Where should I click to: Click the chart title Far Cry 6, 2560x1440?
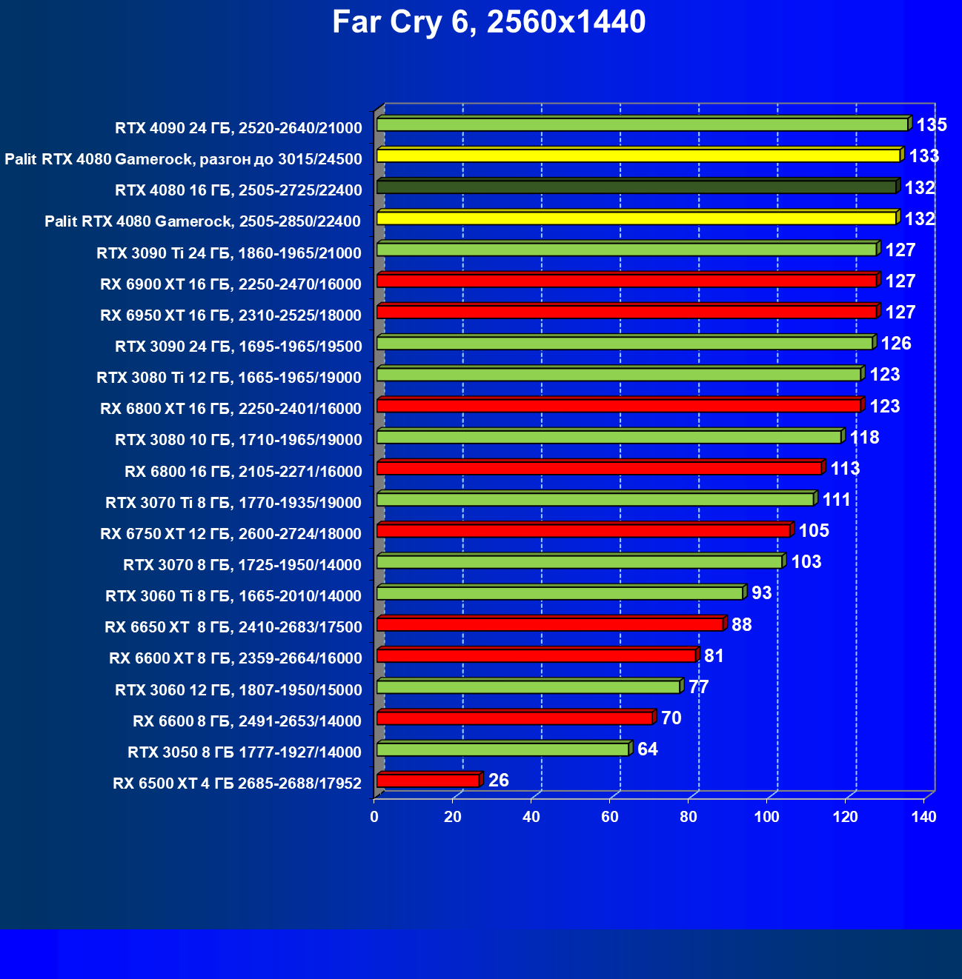(488, 23)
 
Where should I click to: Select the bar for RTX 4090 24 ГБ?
(642, 124)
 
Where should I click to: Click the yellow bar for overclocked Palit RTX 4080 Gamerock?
(638, 156)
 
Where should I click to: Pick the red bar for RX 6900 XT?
(626, 281)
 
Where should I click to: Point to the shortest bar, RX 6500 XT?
(428, 781)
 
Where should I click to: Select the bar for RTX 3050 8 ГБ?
(502, 749)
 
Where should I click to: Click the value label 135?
(932, 125)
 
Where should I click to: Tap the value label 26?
(499, 781)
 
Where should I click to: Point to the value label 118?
(864, 438)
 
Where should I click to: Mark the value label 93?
(762, 593)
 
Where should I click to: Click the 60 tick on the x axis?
(610, 817)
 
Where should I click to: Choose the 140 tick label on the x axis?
(923, 817)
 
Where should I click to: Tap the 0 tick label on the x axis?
(374, 817)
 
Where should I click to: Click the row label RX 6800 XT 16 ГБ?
(230, 409)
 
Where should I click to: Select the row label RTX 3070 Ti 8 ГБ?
(233, 503)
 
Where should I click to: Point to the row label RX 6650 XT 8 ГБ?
(233, 627)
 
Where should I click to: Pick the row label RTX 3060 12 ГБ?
(239, 690)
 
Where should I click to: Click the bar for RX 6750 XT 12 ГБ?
(583, 531)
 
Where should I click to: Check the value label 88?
(741, 625)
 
